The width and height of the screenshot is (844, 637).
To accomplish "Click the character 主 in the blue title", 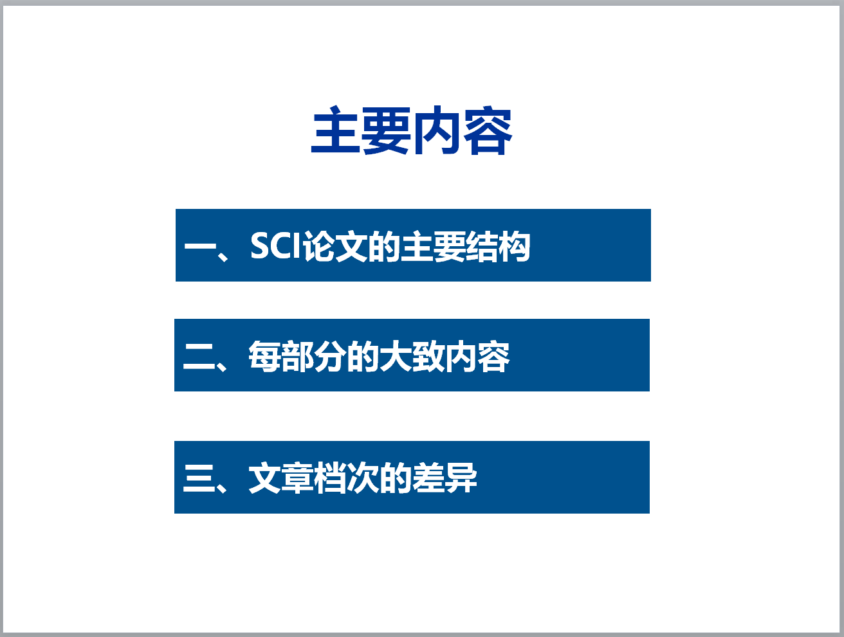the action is coord(335,130).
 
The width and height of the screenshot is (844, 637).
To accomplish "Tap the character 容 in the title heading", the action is coord(488,130).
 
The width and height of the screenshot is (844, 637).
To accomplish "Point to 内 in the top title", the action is coord(437,130).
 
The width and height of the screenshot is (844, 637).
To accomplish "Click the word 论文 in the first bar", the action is coord(335,247).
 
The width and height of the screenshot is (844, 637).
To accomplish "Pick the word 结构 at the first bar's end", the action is coord(497,247).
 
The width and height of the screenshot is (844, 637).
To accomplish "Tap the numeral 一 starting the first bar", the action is coord(200,246).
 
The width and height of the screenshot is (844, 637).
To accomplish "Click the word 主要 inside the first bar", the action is coord(433,247).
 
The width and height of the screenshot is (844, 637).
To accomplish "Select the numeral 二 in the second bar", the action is coord(199,357).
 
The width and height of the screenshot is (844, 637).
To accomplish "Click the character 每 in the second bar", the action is coord(264,357).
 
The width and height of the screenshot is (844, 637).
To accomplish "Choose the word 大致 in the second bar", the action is coord(412,357).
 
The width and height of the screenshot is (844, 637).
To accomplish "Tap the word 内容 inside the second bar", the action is coord(477,357).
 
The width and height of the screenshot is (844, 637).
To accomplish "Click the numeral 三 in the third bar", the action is coord(199,478).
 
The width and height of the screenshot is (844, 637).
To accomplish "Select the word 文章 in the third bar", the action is coord(280,478).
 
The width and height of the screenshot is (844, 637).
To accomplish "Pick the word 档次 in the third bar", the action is coord(346,478).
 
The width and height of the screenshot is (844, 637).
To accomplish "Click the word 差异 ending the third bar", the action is coord(445,478).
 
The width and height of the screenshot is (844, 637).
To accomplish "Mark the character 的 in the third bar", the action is coord(395,478).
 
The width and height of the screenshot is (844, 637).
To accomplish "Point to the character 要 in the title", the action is coord(386,130).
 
